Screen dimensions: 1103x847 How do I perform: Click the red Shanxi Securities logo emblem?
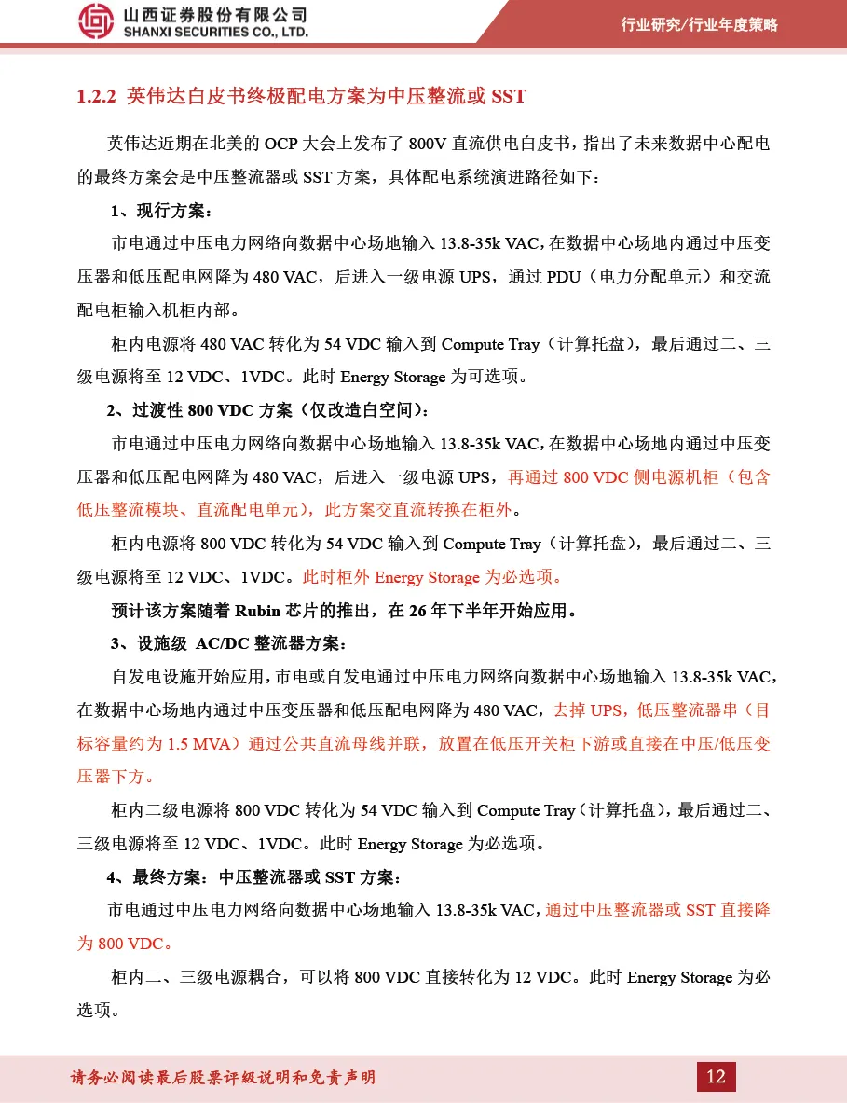tap(96, 21)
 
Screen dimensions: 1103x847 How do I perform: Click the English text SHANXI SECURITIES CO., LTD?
tap(215, 33)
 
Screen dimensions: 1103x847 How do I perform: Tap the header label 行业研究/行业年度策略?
tap(699, 25)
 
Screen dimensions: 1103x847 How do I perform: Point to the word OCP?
tap(282, 144)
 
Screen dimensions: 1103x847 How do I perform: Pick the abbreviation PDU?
tap(564, 277)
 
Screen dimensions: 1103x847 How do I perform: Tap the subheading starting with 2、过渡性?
tap(268, 411)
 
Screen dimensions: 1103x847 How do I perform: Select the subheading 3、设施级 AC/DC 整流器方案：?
tap(228, 644)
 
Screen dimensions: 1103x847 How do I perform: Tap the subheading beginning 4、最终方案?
tap(253, 877)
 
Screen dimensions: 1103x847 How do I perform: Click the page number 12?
tap(716, 1077)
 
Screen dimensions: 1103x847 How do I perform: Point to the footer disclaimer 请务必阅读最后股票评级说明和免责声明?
tap(224, 1078)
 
